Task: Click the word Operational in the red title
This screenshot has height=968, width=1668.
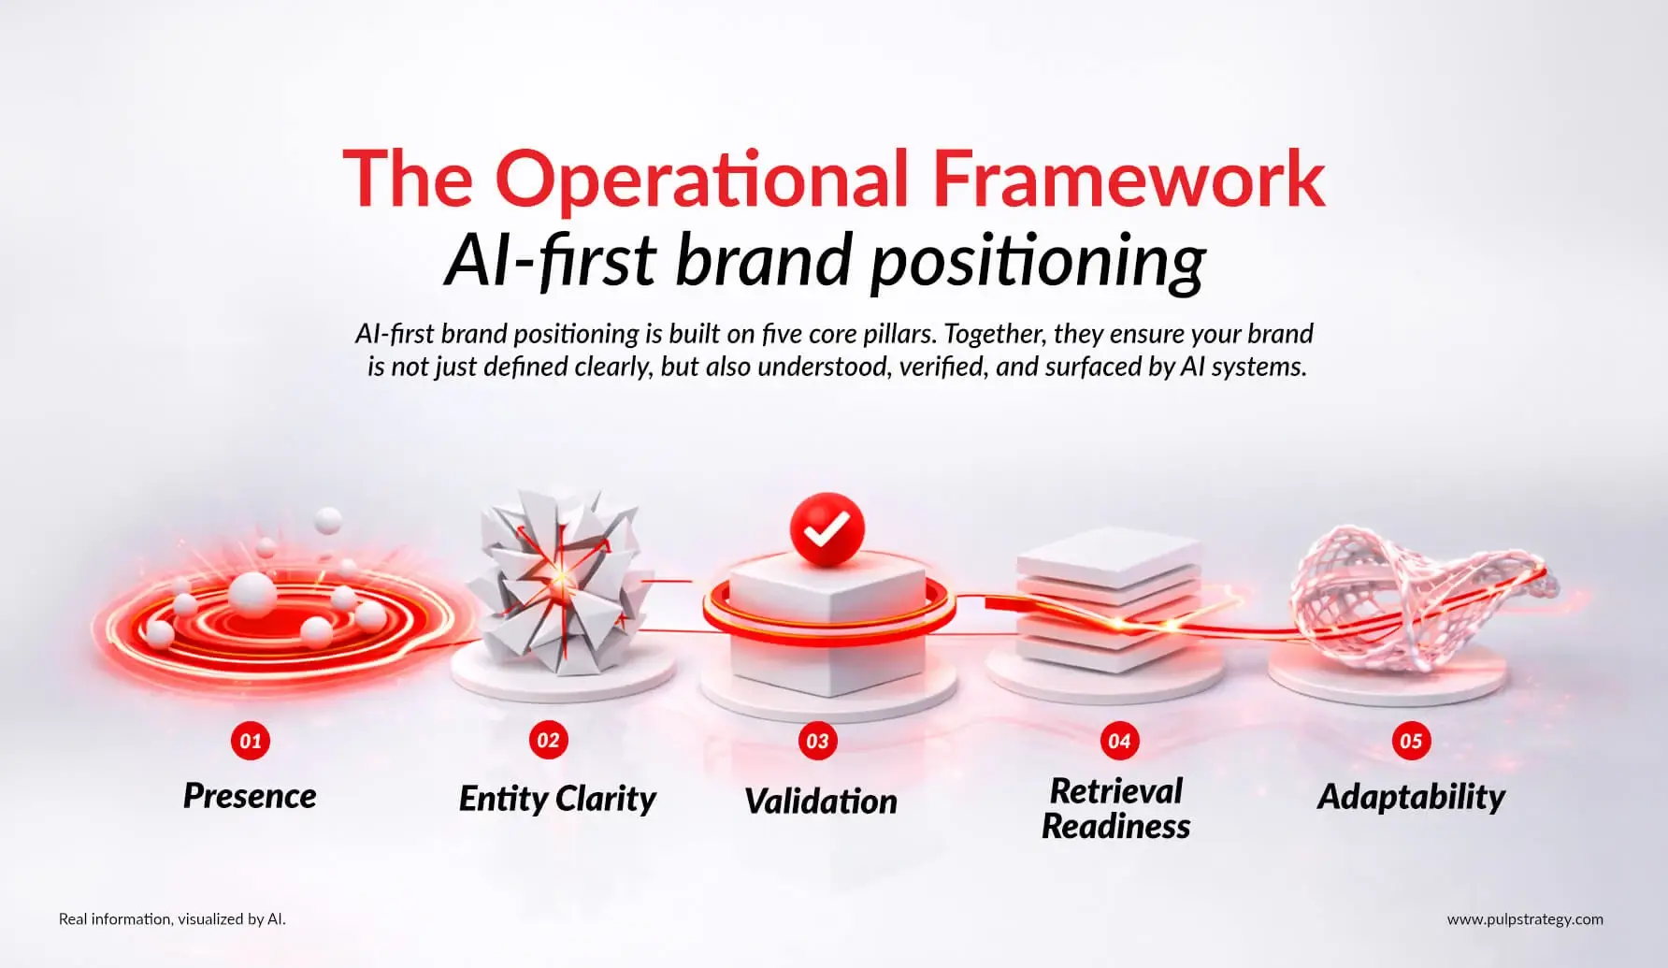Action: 702,180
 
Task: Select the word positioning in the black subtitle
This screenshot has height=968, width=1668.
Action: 1037,263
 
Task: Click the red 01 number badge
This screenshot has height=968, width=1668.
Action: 251,742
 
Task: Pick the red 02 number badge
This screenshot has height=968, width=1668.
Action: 549,741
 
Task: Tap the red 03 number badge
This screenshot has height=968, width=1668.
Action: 818,742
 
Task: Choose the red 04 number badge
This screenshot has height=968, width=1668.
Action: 1119,742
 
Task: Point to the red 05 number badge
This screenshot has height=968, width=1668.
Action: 1411,742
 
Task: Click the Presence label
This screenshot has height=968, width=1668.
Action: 250,796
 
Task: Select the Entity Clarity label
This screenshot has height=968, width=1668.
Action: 557,799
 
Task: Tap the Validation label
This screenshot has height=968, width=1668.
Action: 821,802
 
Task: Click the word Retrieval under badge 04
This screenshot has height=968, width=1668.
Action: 1116,791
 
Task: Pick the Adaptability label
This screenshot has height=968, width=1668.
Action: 1411,798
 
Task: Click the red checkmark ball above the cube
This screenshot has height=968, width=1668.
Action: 827,530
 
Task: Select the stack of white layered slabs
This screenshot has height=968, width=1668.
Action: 1108,599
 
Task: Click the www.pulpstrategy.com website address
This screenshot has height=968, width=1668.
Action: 1525,919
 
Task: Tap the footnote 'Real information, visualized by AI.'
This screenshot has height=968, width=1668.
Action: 172,919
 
